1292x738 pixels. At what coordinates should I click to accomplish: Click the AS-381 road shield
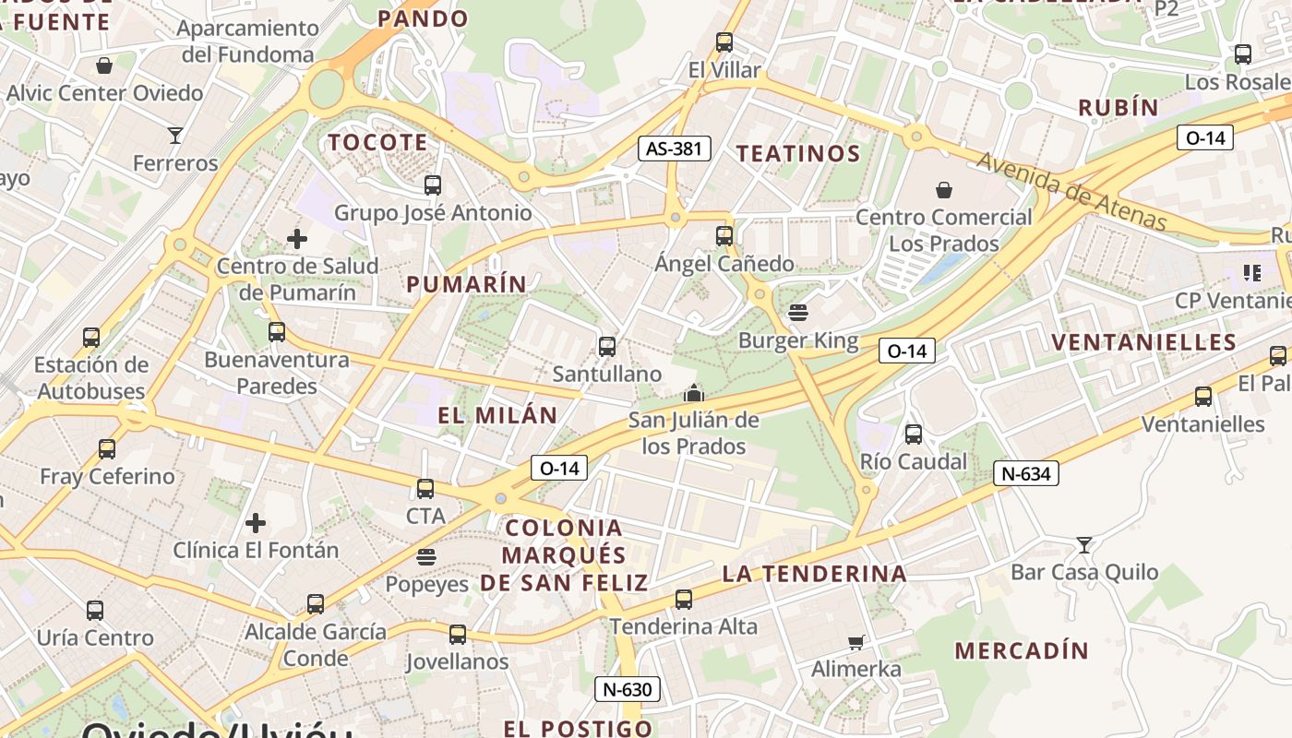tap(675, 148)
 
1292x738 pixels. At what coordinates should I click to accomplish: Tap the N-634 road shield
tap(1025, 474)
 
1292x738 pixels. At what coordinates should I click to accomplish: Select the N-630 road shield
tap(628, 689)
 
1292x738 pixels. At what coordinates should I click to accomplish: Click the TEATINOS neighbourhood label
tap(798, 153)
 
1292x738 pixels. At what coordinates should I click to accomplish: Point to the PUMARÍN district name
tap(467, 284)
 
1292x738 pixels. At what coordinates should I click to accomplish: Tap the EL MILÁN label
tap(497, 415)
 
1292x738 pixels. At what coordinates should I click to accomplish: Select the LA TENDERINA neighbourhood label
tap(814, 574)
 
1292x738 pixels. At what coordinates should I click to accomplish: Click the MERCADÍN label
tap(1022, 650)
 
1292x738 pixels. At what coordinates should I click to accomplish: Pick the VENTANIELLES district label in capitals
tap(1143, 342)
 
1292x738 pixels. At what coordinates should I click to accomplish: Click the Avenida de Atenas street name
tap(1071, 191)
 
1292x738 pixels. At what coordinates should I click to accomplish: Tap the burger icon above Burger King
tap(798, 313)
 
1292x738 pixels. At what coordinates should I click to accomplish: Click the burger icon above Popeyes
tap(425, 556)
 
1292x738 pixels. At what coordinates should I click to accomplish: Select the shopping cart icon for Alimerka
tap(856, 642)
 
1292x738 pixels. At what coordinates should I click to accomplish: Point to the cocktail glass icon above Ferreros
tap(175, 136)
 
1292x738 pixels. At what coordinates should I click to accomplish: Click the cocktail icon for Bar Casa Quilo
tap(1084, 545)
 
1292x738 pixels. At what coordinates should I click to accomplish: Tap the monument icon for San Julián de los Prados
tap(694, 393)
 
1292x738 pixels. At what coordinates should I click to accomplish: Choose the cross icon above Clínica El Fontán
tap(256, 523)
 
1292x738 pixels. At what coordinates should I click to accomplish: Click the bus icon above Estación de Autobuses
tap(91, 337)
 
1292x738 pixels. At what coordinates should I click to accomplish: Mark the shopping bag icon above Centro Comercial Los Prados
tap(944, 190)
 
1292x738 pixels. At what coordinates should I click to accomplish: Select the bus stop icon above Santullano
tap(606, 347)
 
